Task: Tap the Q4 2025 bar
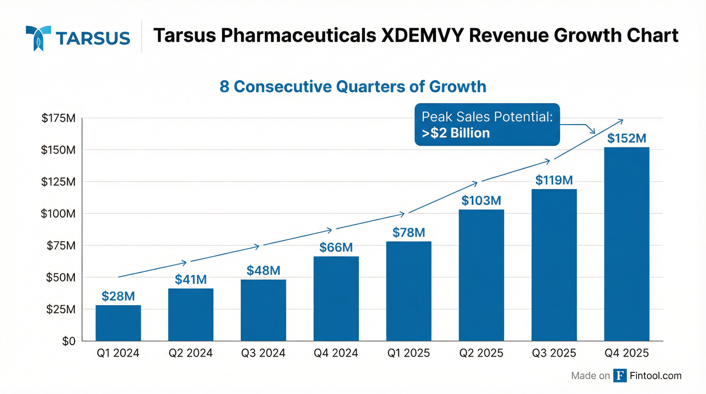pyautogui.click(x=626, y=244)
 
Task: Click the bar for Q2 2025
pyautogui.click(x=481, y=275)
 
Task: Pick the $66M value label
pyautogui.click(x=336, y=248)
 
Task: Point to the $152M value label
pyautogui.click(x=626, y=138)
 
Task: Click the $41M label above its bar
pyautogui.click(x=191, y=280)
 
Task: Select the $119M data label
pyautogui.click(x=554, y=180)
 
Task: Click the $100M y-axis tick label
pyautogui.click(x=58, y=213)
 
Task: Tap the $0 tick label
pyautogui.click(x=68, y=341)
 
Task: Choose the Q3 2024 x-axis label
pyautogui.click(x=263, y=353)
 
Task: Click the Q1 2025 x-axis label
pyautogui.click(x=408, y=353)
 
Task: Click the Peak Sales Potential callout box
pyautogui.click(x=487, y=124)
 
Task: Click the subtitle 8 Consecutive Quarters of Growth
pyautogui.click(x=353, y=87)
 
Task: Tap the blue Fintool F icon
pyautogui.click(x=620, y=375)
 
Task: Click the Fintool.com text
pyautogui.click(x=655, y=375)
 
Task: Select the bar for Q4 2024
pyautogui.click(x=336, y=298)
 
